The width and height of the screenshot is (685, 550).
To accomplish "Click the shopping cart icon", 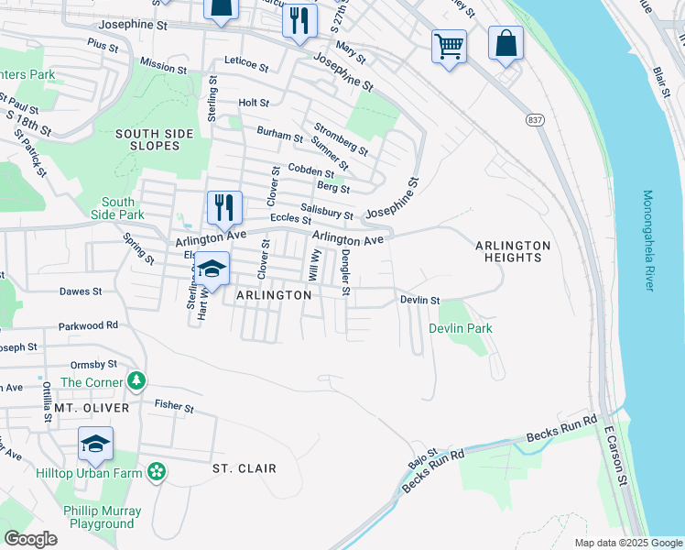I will coord(449,45).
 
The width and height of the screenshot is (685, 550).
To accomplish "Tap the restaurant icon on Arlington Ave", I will coord(224,207).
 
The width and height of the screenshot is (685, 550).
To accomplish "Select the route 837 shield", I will coord(536,120).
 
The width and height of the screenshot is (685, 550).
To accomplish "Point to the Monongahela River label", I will coord(649,240).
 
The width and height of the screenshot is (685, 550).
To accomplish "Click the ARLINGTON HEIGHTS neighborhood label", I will coord(513,251).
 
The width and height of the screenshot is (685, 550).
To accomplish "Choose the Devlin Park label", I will coord(461,328).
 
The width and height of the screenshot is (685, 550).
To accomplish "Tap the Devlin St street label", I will coord(420,300).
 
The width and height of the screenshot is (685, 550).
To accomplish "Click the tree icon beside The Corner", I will coord(136,379).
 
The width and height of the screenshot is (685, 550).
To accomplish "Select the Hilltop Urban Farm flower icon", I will coord(157,471).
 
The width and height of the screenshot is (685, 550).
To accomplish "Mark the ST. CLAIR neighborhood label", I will coord(245,468).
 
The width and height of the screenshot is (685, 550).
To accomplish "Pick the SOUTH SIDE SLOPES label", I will coord(155,139).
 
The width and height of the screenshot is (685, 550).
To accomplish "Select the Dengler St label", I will coord(345,273).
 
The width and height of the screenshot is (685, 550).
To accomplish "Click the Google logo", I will coord(30,539).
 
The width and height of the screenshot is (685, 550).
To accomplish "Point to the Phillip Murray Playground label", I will coord(102,517).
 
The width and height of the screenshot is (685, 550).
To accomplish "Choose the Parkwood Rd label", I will coord(89,324).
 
